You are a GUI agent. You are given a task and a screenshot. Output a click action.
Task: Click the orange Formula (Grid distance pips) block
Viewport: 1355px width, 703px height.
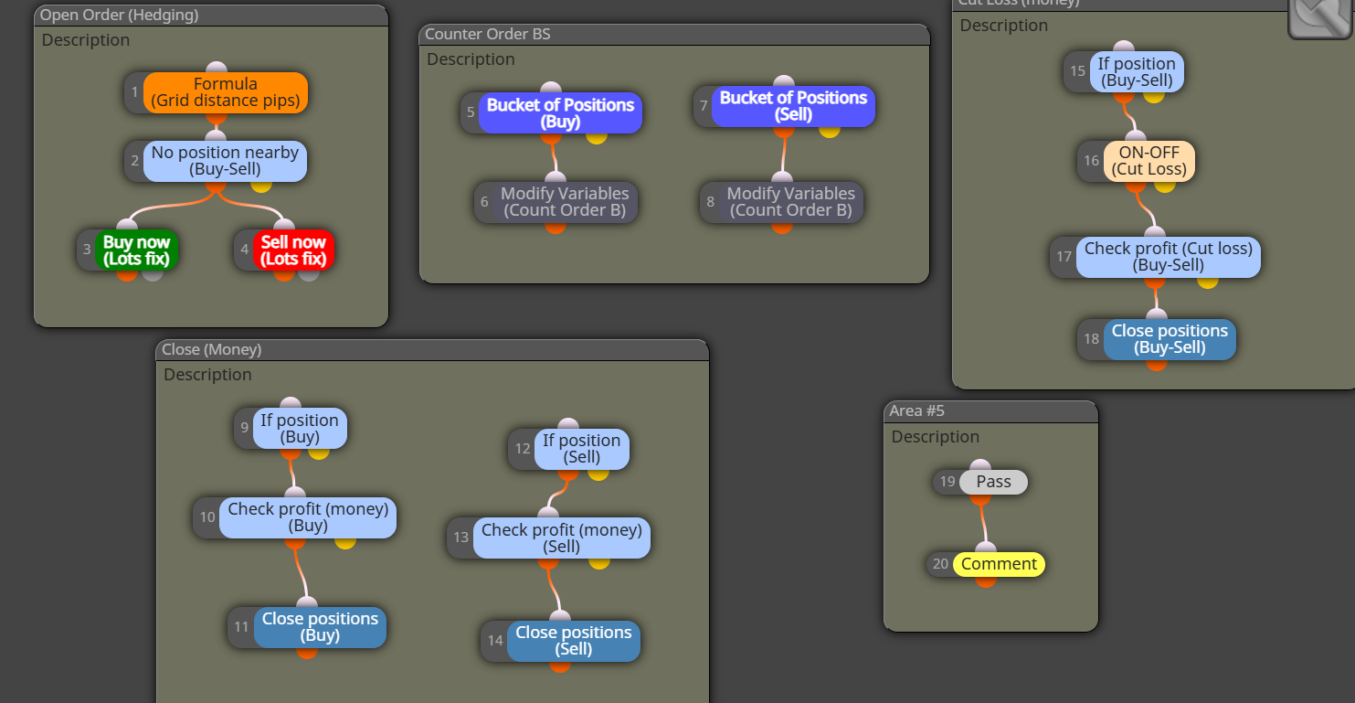225,92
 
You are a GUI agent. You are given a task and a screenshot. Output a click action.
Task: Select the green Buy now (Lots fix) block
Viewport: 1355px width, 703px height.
136,250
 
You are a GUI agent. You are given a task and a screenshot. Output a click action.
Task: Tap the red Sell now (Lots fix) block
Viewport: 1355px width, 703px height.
293,250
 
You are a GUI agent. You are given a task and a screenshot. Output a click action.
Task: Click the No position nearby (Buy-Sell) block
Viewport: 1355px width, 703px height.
225,161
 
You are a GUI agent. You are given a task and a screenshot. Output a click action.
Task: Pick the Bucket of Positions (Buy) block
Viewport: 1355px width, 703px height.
560,113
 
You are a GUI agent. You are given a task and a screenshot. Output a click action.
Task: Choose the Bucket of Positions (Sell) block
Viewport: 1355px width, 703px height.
793,106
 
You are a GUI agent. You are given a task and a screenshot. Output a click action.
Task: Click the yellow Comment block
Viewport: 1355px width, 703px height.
999,564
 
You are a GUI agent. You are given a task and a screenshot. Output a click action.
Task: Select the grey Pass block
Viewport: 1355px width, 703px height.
993,482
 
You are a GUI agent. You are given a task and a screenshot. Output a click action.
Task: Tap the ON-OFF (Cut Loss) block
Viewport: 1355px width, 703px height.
1149,161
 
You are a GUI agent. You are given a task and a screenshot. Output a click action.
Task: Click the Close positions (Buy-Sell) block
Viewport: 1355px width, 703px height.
1170,339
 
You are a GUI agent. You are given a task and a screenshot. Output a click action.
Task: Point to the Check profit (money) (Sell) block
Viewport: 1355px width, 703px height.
561,538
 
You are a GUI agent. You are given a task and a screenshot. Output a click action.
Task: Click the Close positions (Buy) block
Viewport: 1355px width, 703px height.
320,627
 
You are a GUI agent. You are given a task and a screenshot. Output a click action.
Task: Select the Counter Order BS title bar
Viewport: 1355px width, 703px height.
674,35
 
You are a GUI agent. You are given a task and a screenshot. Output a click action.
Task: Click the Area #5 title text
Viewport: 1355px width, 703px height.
916,410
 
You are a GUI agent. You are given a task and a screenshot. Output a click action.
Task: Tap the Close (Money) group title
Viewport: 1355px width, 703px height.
211,350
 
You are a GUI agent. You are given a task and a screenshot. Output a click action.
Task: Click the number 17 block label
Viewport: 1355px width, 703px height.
1064,257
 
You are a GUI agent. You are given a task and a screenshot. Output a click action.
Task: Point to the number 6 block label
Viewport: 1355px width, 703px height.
484,202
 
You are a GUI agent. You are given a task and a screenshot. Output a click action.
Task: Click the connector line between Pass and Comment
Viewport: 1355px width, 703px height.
983,523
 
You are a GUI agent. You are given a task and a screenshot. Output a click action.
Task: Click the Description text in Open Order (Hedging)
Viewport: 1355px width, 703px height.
85,40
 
